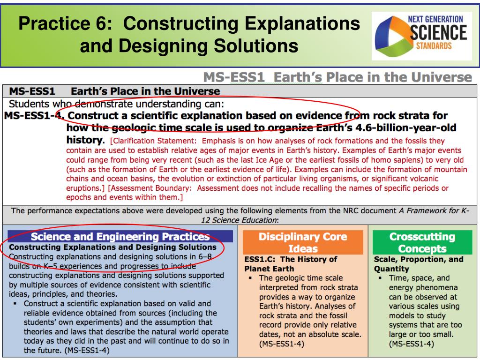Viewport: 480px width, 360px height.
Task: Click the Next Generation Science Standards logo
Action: point(421,36)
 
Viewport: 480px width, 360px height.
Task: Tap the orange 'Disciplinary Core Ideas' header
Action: point(303,242)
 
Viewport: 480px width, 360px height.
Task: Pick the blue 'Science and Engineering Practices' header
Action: point(120,237)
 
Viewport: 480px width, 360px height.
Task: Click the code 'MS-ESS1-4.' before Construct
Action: point(34,116)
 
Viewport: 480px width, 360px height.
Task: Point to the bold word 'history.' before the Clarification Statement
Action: point(85,140)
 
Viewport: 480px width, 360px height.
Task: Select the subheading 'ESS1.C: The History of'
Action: point(291,259)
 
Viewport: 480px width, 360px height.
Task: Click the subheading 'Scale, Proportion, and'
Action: point(419,259)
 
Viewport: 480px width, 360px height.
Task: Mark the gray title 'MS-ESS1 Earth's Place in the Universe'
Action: point(337,77)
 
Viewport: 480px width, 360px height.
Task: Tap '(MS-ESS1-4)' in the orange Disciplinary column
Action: point(282,344)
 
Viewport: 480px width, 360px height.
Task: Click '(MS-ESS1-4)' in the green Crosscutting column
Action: point(411,344)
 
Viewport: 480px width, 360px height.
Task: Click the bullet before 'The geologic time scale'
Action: point(252,278)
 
